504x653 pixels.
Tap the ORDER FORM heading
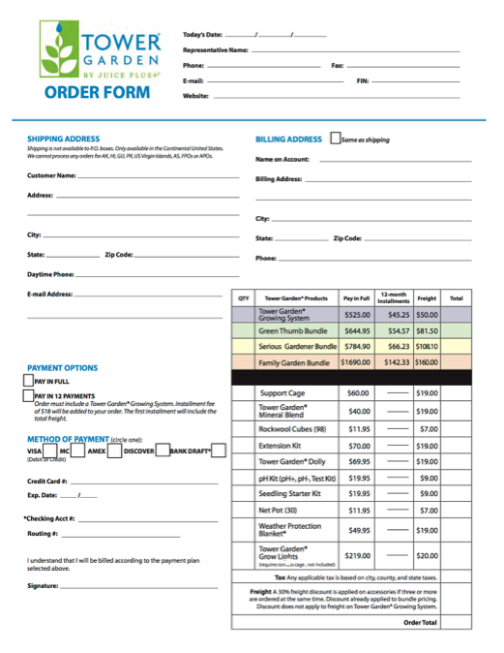click(97, 93)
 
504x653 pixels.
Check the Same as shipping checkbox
click(336, 139)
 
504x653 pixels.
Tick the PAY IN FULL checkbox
click(27, 382)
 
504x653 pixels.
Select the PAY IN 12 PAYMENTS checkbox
click(27, 395)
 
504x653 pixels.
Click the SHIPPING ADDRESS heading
click(63, 140)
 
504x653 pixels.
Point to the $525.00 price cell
click(357, 315)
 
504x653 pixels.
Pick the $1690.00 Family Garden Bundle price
click(356, 362)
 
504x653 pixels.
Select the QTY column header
click(244, 298)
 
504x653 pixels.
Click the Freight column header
click(427, 298)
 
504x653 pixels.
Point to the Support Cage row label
click(282, 393)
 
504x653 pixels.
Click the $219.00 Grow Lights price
click(358, 555)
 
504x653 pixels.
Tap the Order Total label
click(420, 622)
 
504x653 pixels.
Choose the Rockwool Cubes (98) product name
click(293, 428)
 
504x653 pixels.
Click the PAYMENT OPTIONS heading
click(62, 368)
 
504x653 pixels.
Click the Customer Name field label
click(51, 175)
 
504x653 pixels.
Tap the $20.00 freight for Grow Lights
click(427, 555)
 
